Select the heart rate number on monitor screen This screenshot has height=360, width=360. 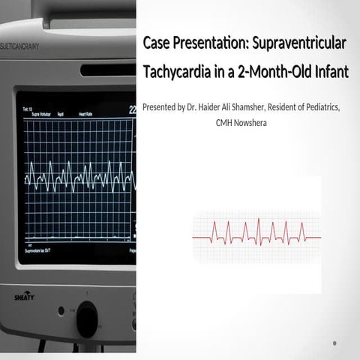coord(133,109)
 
